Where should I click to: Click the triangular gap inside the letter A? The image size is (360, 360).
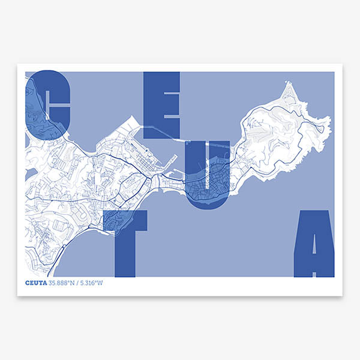tap(314, 240)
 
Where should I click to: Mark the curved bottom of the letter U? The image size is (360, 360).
tap(208, 205)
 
